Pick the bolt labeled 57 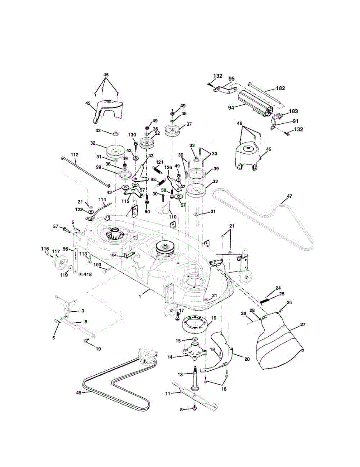(x=65, y=229)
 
